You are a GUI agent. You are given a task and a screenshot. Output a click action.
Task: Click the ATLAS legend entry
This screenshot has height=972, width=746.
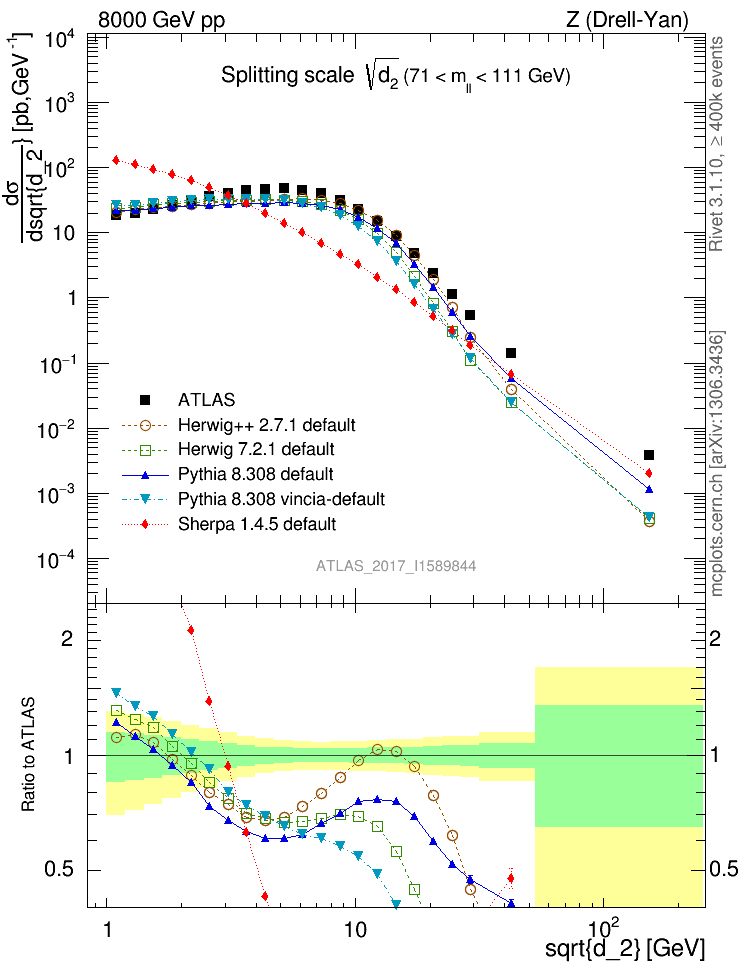[x=213, y=400]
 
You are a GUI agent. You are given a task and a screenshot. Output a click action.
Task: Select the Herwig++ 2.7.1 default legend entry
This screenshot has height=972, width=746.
[x=264, y=425]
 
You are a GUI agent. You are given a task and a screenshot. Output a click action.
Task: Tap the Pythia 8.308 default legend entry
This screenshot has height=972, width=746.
[x=262, y=473]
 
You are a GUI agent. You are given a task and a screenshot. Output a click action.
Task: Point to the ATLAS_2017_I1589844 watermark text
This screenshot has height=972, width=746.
[x=396, y=566]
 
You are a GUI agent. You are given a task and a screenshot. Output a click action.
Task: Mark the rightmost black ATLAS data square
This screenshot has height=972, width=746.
[x=649, y=455]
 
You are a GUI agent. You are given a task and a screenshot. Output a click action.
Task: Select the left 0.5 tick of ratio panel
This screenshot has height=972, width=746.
[x=68, y=868]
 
